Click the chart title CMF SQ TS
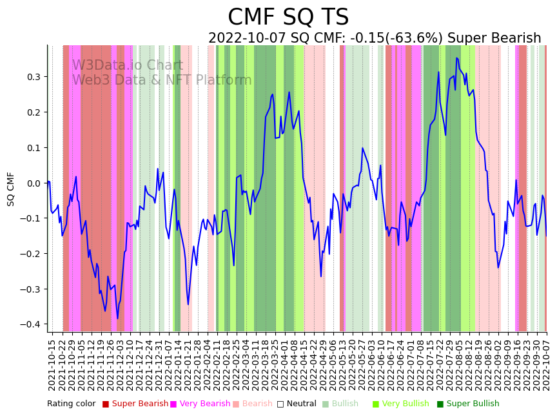point(288,17)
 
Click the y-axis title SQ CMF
point(11,189)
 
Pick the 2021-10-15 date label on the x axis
point(52,365)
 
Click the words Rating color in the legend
point(71,404)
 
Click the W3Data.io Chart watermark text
point(127,65)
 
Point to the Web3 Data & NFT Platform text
point(161,80)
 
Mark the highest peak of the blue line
point(456,58)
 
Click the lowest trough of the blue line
point(117,318)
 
